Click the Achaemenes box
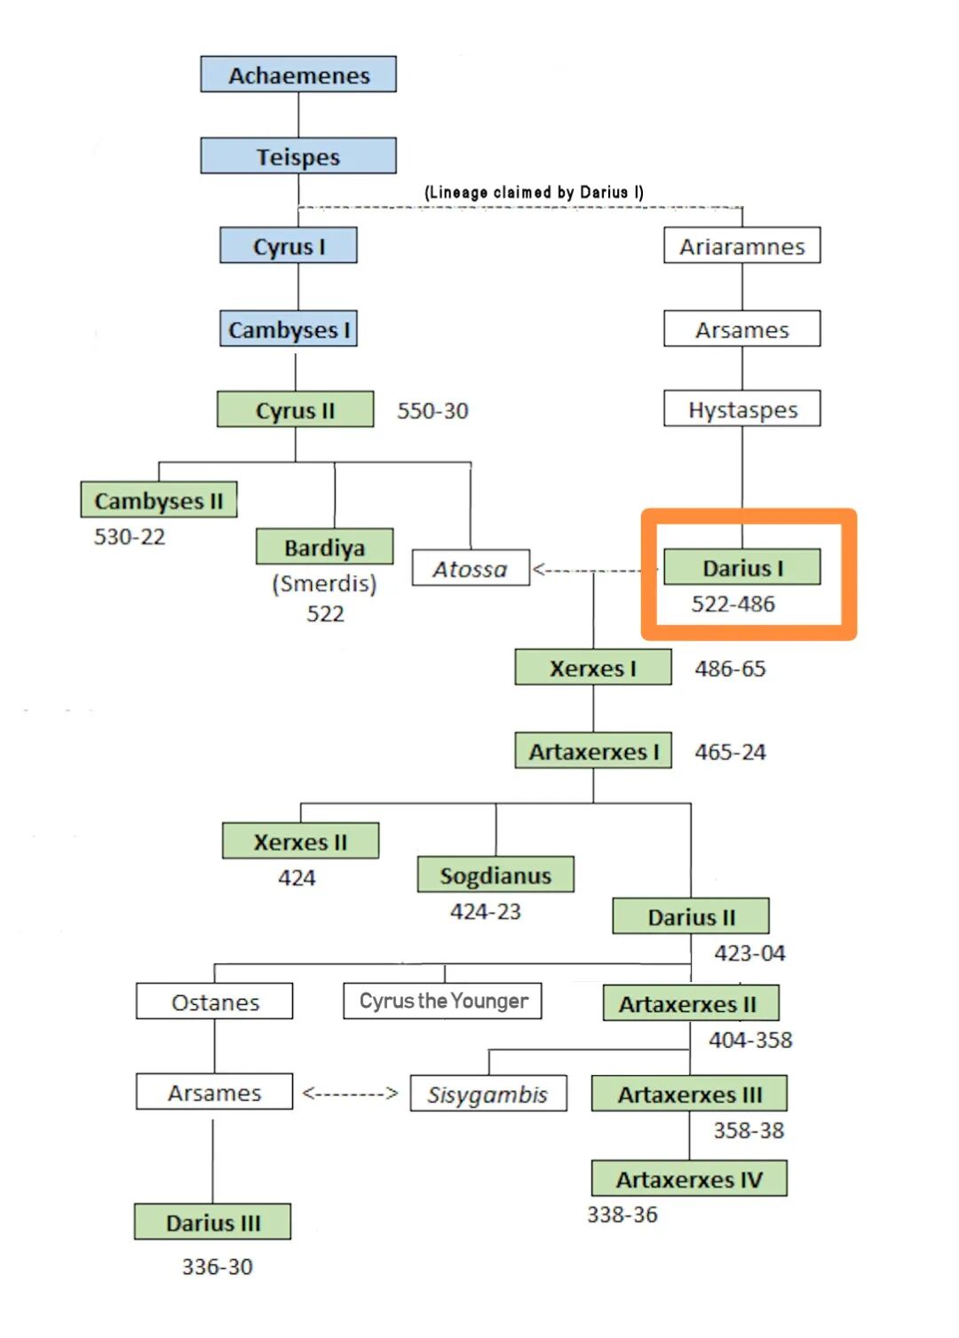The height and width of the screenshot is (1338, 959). pyautogui.click(x=298, y=75)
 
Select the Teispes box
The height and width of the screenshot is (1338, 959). pyautogui.click(x=298, y=156)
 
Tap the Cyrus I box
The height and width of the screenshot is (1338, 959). pyautogui.click(x=289, y=246)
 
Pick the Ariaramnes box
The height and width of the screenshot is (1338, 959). pyautogui.click(x=742, y=246)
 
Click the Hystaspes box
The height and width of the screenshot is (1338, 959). pyautogui.click(x=742, y=409)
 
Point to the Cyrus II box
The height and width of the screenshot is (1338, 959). pyautogui.click(x=295, y=410)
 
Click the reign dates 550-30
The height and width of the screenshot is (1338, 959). pyautogui.click(x=432, y=411)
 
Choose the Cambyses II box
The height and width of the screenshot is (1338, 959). pyautogui.click(x=159, y=501)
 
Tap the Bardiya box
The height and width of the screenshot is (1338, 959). pyautogui.click(x=324, y=547)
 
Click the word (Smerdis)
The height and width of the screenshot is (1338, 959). pyautogui.click(x=324, y=583)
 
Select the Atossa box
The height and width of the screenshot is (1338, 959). pyautogui.click(x=471, y=568)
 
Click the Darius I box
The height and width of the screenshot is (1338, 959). pyautogui.click(x=742, y=567)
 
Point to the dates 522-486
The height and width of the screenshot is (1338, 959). pyautogui.click(x=733, y=604)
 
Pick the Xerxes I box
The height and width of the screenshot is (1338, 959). pyautogui.click(x=593, y=668)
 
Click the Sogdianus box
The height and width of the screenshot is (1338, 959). pyautogui.click(x=495, y=875)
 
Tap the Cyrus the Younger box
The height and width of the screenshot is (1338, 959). pyautogui.click(x=443, y=1002)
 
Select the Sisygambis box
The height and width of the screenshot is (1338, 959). pyautogui.click(x=487, y=1094)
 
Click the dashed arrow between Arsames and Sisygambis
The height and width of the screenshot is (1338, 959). pyautogui.click(x=351, y=1093)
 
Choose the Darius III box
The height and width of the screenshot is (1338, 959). pyautogui.click(x=213, y=1223)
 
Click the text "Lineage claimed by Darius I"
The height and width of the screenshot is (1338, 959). pyautogui.click(x=534, y=192)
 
